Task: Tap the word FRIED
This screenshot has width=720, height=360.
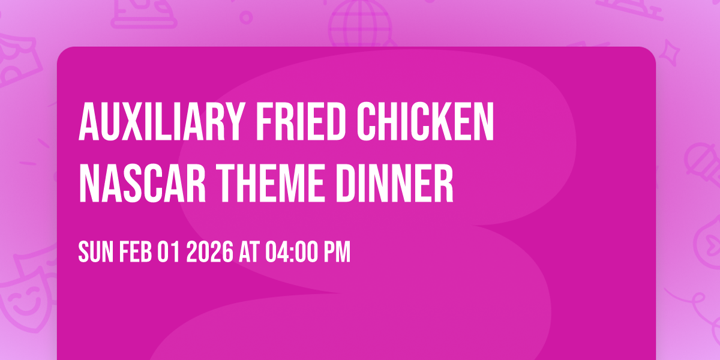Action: (x=281, y=122)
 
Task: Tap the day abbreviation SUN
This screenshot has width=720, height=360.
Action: (x=95, y=252)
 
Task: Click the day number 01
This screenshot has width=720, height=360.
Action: (x=169, y=252)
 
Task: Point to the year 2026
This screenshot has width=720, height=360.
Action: (x=209, y=252)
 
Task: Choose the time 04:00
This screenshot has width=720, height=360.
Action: (x=289, y=252)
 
